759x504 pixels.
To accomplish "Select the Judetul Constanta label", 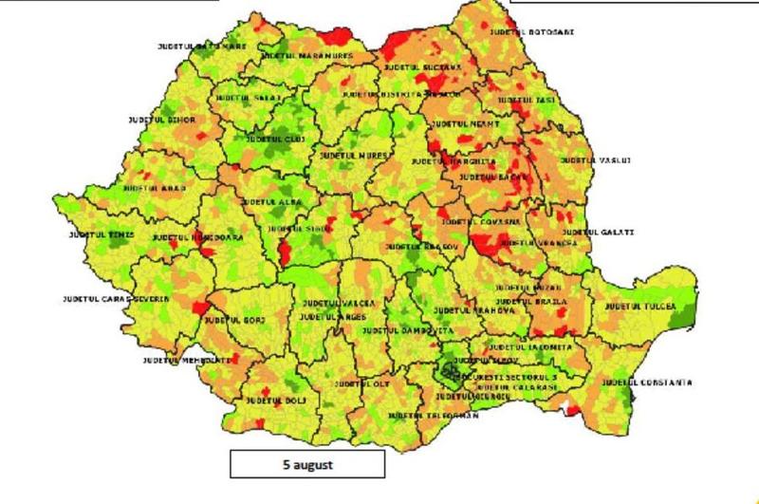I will (x=645, y=383).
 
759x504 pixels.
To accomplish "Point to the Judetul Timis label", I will (x=102, y=234).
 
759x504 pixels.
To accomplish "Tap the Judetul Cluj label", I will (x=275, y=140).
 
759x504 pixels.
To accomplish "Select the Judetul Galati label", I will (x=598, y=232).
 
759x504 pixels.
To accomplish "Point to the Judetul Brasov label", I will (x=422, y=247).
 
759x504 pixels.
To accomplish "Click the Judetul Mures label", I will (x=356, y=154).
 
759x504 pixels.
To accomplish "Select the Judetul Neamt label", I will (x=465, y=123).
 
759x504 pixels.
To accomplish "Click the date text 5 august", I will (x=306, y=465).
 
